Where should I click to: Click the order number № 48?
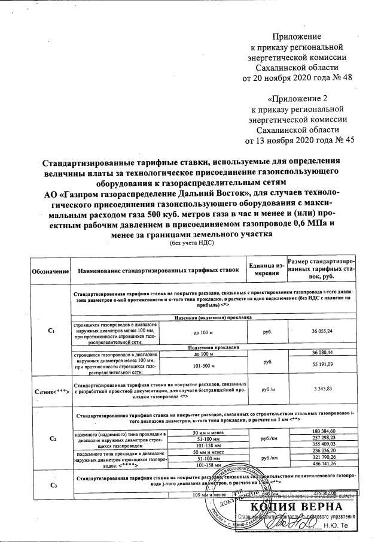335,78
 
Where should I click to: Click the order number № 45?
339,141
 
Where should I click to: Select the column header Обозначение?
50,271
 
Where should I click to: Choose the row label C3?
50,485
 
